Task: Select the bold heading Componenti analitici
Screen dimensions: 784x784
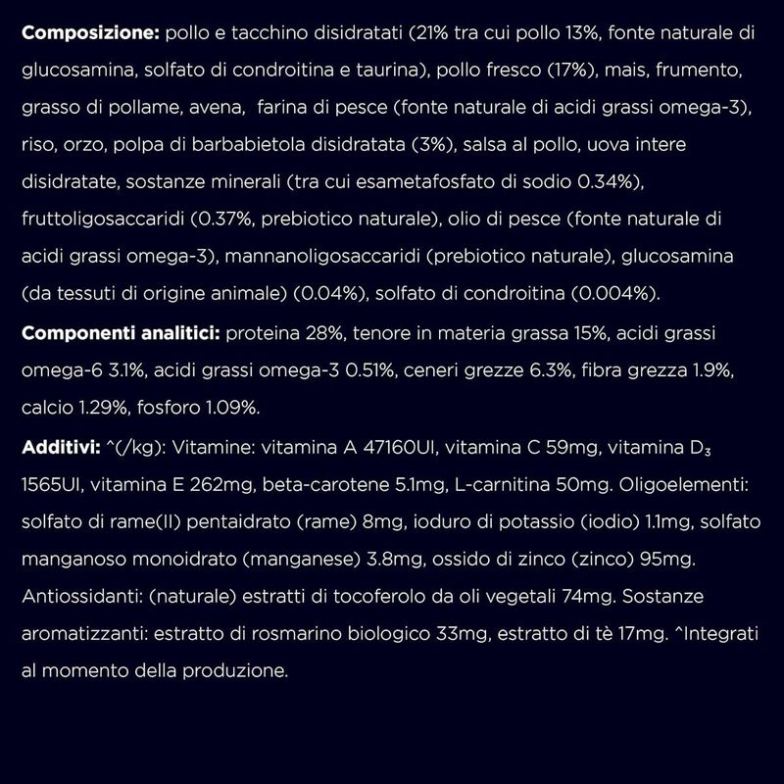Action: click(121, 335)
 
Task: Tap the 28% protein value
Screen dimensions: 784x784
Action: click(319, 335)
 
